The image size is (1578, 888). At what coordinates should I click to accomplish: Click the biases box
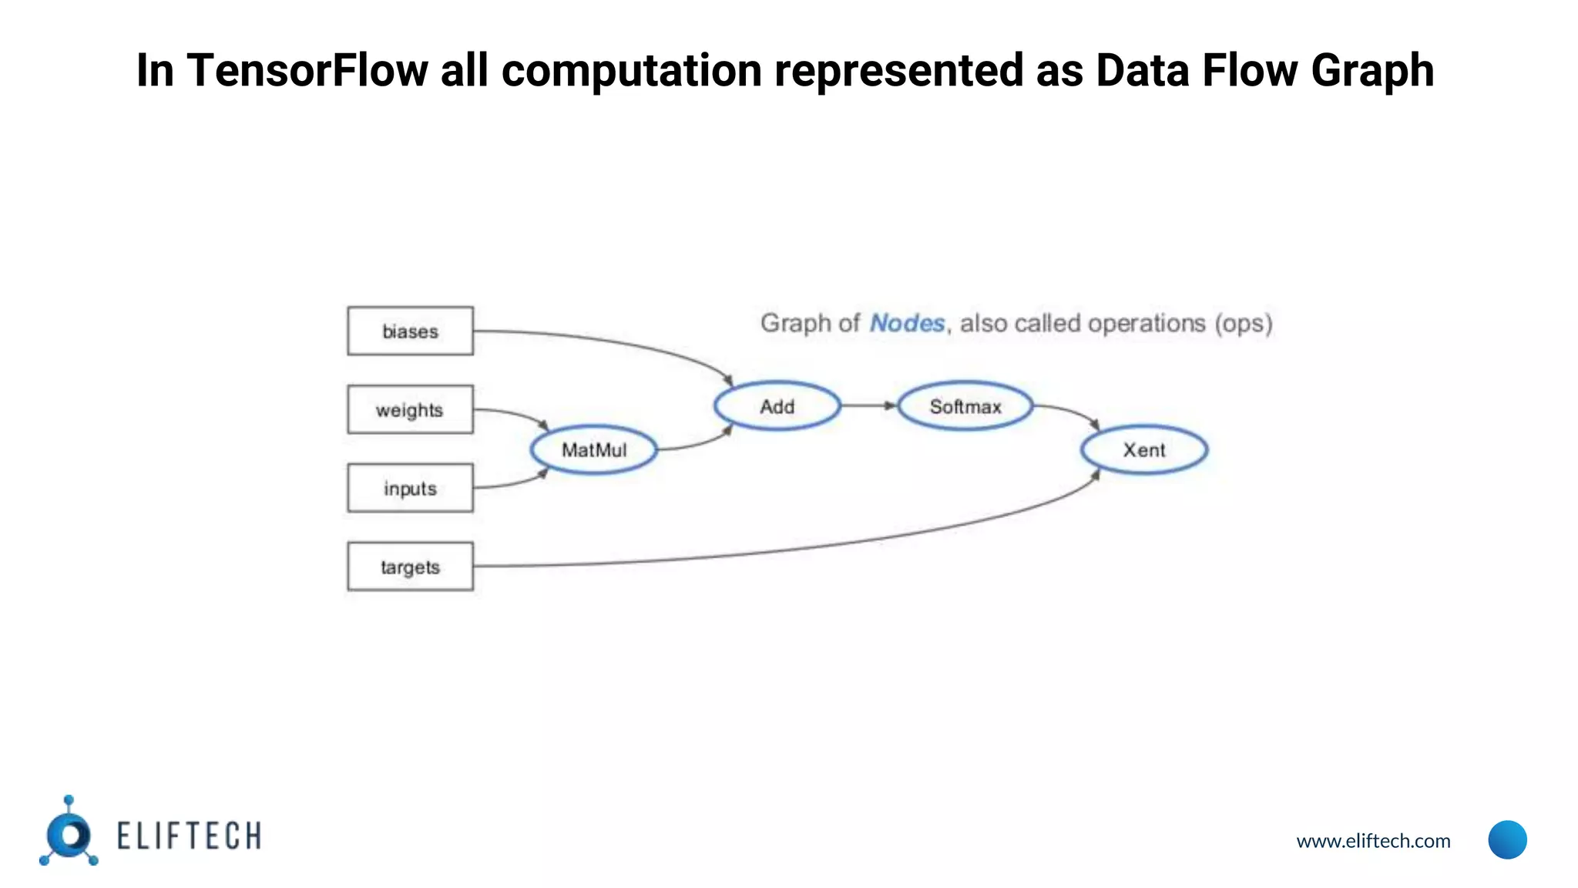410,331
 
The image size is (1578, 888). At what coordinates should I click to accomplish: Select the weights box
410,409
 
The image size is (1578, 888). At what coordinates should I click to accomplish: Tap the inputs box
410,488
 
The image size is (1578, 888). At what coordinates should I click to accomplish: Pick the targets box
410,567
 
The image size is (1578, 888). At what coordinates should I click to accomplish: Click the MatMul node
593,449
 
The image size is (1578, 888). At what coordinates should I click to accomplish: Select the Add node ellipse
777,406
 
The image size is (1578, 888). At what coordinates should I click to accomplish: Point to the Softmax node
965,406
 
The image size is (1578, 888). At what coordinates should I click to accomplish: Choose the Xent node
1143,450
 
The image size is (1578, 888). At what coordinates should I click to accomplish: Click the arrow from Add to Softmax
868,405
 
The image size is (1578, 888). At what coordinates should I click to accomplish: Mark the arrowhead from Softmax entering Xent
1094,424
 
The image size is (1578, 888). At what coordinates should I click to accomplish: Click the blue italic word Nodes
907,323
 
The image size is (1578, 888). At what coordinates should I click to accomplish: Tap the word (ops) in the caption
1244,324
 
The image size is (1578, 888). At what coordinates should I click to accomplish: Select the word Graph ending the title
1372,72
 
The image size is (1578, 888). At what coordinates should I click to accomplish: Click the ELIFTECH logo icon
69,832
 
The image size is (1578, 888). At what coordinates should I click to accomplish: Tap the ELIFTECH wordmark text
189,836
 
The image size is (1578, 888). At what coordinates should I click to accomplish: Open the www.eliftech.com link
1373,841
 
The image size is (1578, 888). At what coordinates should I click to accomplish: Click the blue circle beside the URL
1507,839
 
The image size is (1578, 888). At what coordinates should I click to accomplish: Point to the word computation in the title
632,72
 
